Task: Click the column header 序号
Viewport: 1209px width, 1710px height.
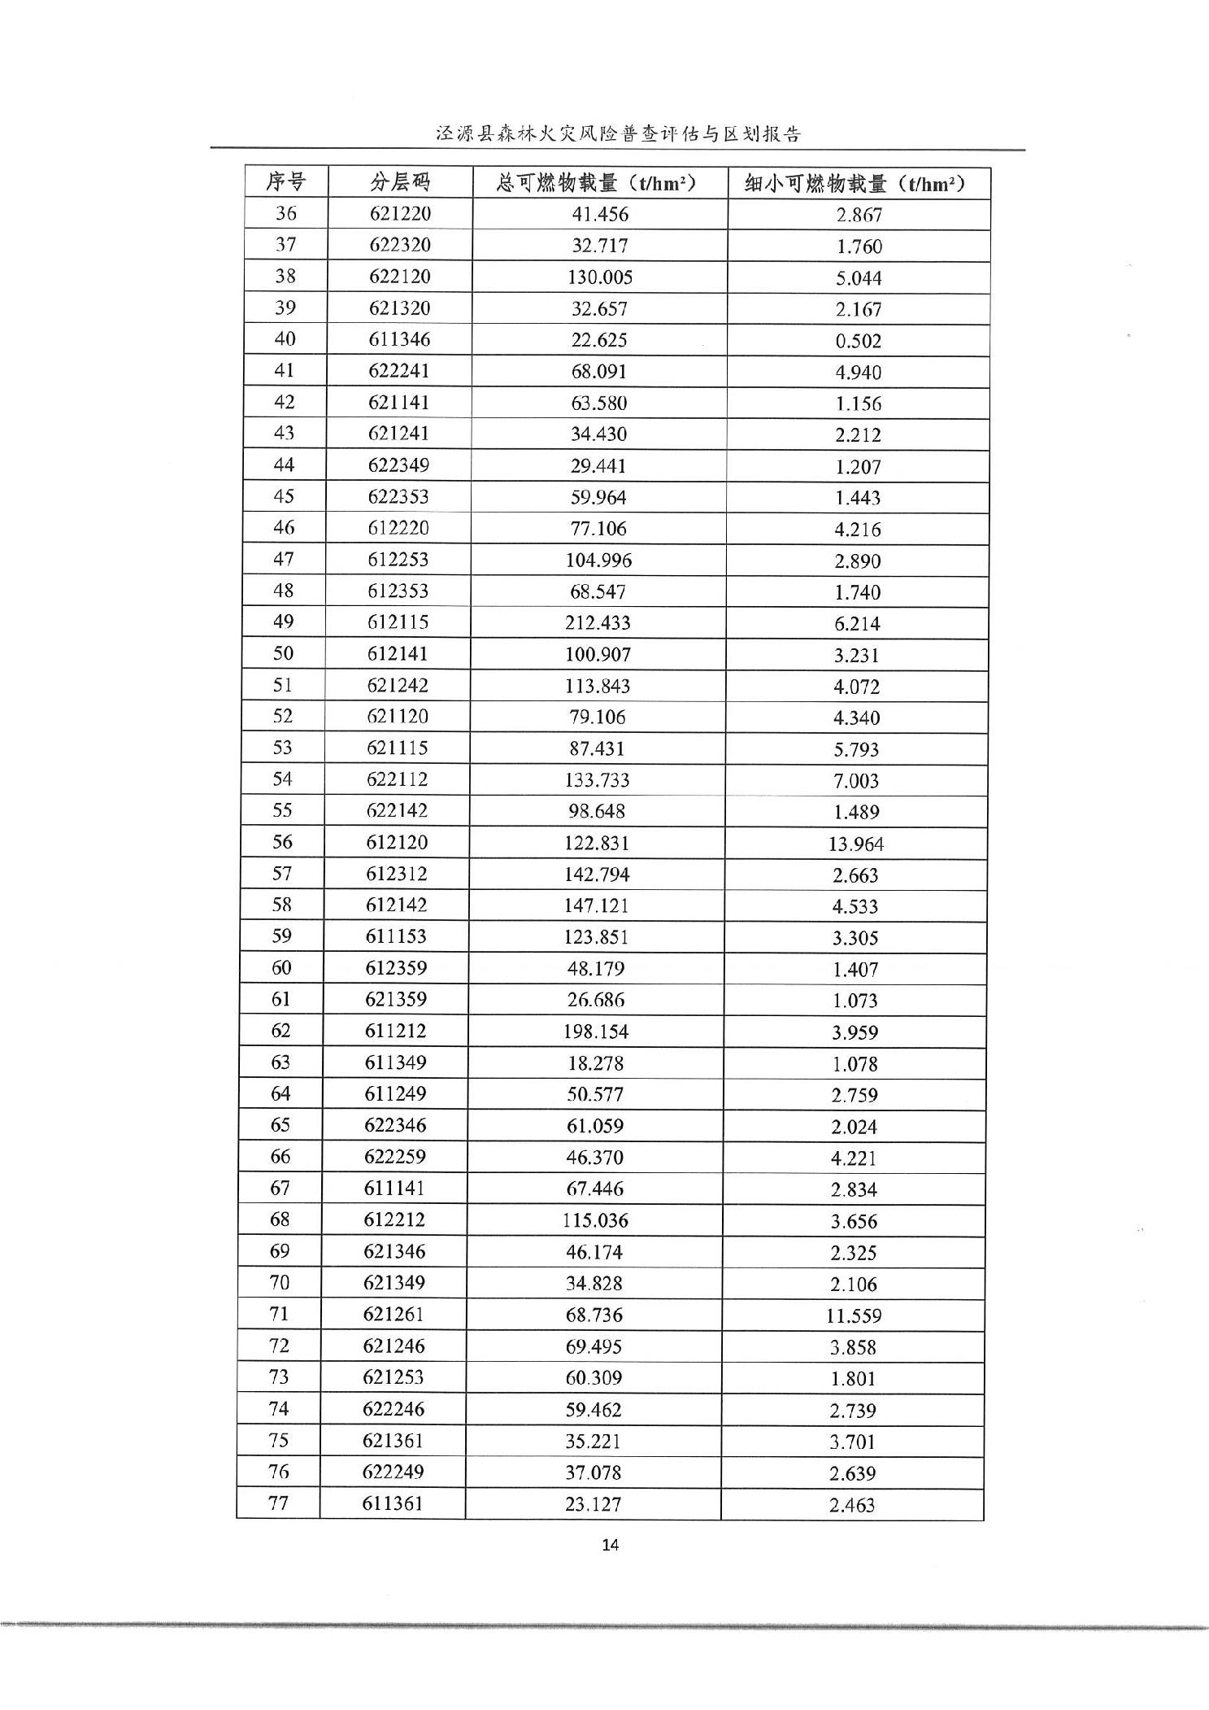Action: coord(285,182)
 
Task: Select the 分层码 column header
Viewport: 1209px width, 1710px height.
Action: coord(399,182)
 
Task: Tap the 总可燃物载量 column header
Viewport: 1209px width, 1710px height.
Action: coord(598,183)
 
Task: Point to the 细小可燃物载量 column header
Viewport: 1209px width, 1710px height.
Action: coord(857,184)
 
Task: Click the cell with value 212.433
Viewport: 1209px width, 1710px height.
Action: coord(598,623)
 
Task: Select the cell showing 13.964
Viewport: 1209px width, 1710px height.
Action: coord(856,844)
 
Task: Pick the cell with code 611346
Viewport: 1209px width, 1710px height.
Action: coord(399,339)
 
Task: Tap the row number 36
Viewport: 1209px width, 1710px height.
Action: coord(285,214)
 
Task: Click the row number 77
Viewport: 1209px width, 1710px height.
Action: coord(278,1503)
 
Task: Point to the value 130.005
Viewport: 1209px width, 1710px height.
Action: coord(600,277)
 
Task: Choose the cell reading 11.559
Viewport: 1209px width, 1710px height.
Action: coord(854,1315)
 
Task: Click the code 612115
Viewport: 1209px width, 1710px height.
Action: coord(398,622)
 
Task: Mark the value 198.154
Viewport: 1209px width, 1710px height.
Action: coord(596,1032)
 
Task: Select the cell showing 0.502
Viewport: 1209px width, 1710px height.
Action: coord(859,341)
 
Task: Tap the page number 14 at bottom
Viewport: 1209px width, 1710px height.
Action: coord(611,1544)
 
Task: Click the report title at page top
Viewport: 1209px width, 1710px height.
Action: coord(618,133)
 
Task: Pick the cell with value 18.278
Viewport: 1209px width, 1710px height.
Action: coord(595,1063)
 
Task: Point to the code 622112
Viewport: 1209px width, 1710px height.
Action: coord(397,779)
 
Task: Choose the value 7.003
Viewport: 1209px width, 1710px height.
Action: coord(856,781)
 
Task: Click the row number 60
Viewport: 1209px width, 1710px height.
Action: coord(281,968)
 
